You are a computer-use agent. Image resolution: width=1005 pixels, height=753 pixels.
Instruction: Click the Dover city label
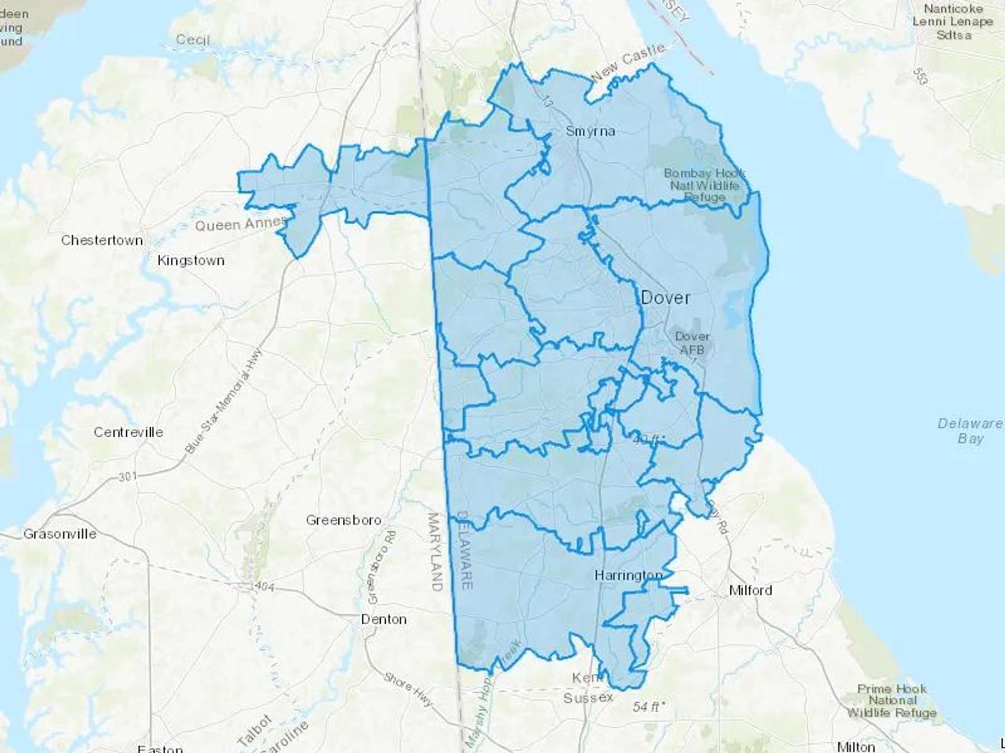click(x=665, y=298)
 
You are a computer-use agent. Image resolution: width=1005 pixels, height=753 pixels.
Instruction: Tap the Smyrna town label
click(x=590, y=132)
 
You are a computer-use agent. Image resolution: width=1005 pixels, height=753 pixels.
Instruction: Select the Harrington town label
click(x=628, y=575)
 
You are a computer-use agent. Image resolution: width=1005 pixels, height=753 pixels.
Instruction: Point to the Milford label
click(x=750, y=590)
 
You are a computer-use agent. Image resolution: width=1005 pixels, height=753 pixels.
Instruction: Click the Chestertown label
click(x=102, y=240)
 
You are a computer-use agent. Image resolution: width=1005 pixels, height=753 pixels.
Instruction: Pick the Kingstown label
click(x=191, y=260)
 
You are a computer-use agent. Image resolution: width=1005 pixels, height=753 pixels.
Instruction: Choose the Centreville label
click(x=128, y=432)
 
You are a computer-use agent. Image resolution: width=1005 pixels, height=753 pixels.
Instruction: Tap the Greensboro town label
click(x=343, y=520)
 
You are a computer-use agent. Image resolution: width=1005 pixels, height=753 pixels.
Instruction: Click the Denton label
click(x=384, y=619)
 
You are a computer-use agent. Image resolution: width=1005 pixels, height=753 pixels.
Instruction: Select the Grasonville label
click(x=60, y=534)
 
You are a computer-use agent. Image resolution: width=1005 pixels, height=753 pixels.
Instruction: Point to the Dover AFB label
click(x=692, y=343)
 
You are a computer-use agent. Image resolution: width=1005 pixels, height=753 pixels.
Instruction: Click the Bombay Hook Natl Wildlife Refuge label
click(x=705, y=185)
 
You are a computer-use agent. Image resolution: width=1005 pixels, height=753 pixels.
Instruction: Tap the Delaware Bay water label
click(x=970, y=431)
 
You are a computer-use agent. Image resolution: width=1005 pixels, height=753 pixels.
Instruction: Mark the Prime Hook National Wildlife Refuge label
click(x=892, y=701)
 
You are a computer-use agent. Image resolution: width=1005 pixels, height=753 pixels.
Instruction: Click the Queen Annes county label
click(x=240, y=224)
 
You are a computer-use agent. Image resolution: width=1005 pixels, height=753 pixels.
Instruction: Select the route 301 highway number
click(x=127, y=477)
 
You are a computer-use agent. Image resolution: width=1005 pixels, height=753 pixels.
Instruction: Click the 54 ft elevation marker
click(x=648, y=707)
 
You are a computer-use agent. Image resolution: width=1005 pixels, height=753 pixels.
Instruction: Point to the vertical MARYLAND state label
click(x=435, y=552)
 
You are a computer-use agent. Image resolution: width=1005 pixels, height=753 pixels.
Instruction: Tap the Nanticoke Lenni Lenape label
click(x=953, y=22)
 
